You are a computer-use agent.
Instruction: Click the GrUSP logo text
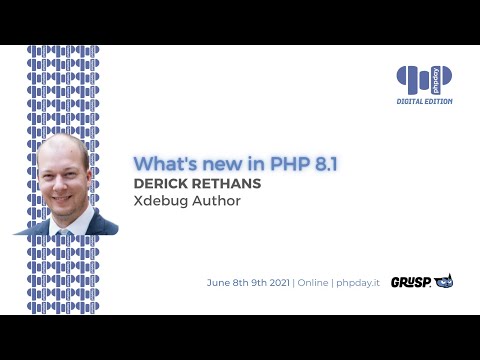(410, 282)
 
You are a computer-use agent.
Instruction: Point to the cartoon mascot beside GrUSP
(443, 282)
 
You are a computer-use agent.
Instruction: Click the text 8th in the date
(243, 283)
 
